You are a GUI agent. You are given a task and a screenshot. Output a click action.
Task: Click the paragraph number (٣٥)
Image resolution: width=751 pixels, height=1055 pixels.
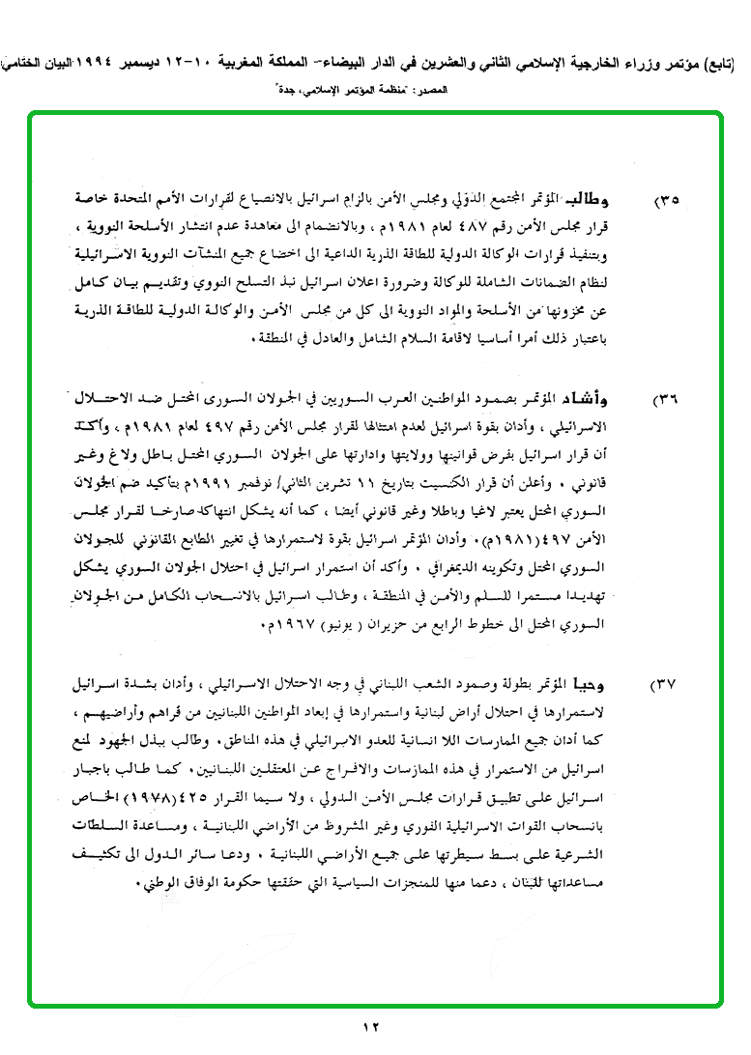coord(667,201)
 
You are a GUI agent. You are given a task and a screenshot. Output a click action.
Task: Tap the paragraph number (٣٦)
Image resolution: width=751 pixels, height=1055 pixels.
coord(667,400)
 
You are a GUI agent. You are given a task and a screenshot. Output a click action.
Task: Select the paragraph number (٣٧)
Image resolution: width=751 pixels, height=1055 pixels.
coord(666,685)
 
